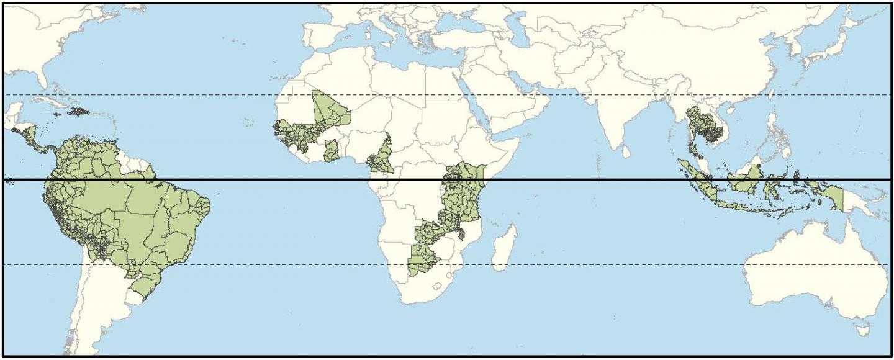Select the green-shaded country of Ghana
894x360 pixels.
pos(332,151)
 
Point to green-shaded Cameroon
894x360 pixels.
pos(380,158)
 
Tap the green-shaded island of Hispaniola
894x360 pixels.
pos(79,111)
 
